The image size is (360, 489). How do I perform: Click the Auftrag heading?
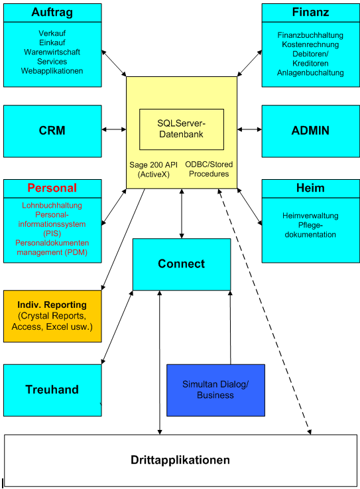52,13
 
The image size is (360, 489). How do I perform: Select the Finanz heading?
310,13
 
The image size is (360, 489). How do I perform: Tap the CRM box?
52,131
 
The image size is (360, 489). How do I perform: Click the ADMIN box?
310,131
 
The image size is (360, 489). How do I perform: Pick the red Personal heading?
52,188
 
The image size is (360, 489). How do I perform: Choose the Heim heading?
310,188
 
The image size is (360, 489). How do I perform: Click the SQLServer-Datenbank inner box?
181,129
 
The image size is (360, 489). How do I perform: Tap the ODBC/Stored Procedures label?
208,169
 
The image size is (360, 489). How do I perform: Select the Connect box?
181,264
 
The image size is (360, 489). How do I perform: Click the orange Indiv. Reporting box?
52,316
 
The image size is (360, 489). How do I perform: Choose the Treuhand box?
52,390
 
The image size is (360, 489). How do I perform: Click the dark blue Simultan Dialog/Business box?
215,389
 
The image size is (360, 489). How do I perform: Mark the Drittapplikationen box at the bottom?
180,460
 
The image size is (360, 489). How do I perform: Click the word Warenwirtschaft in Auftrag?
52,51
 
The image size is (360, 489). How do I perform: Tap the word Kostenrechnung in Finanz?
310,44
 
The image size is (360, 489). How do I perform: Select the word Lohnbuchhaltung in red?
52,206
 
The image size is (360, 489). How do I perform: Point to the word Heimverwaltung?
310,216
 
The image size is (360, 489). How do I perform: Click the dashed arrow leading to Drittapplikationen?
265,312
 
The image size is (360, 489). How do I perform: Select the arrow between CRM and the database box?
114,130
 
